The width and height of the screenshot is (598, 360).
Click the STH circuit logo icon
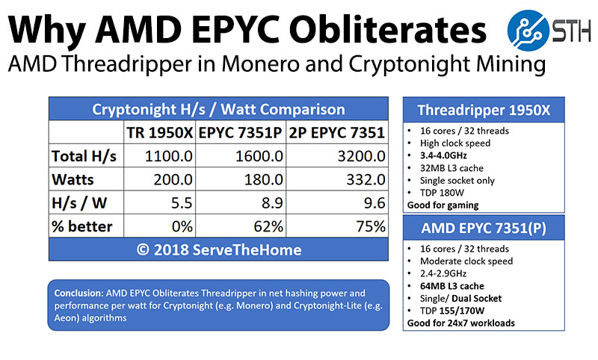coord(528,34)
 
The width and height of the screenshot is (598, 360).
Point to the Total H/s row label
coord(84,157)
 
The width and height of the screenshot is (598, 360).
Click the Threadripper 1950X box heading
coord(484,111)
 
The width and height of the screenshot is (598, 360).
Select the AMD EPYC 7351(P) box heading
coord(484,227)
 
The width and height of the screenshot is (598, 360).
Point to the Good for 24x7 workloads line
coord(460,323)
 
